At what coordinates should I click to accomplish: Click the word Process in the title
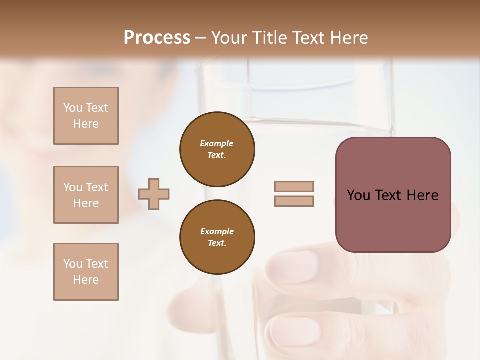pos(157,38)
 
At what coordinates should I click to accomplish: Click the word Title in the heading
pos(270,38)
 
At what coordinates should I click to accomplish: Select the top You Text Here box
pos(86,116)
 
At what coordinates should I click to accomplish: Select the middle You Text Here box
pos(86,195)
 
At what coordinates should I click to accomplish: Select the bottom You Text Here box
pos(86,272)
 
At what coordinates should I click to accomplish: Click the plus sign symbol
pos(154,194)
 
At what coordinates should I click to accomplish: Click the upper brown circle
pos(217,149)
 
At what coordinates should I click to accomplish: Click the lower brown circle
pos(217,237)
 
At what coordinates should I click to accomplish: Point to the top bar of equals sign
pos(294,186)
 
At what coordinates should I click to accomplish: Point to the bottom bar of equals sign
pos(294,201)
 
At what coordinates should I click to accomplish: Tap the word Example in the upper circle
pos(217,143)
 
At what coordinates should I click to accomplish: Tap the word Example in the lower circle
pos(217,231)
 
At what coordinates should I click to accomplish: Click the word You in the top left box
pos(72,108)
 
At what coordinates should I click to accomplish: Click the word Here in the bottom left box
pos(86,280)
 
